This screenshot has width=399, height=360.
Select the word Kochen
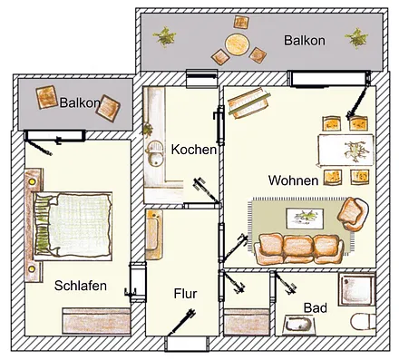pyautogui.click(x=193, y=149)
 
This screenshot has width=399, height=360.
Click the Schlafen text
pyautogui.click(x=81, y=286)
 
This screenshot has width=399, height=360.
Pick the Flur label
pyautogui.click(x=185, y=295)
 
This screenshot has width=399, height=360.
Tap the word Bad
pyautogui.click(x=315, y=308)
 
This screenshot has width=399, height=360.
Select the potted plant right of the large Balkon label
pyautogui.click(x=356, y=38)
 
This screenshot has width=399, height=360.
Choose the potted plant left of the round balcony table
pyautogui.click(x=166, y=36)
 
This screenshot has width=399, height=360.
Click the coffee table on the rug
pyautogui.click(x=304, y=216)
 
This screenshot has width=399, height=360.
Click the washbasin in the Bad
pyautogui.click(x=297, y=325)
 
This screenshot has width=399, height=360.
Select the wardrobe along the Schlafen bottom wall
pyautogui.click(x=94, y=321)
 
